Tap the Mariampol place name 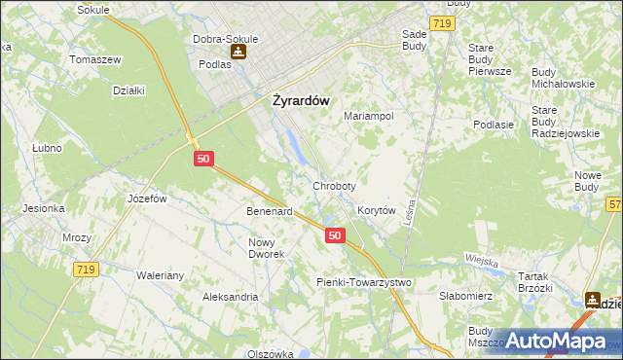(368, 116)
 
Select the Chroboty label (334, 185)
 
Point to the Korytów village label (376, 210)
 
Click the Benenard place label (270, 211)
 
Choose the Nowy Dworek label (267, 248)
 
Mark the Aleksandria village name (230, 297)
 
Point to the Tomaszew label (94, 59)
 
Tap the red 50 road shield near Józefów (203, 158)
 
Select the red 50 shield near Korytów (335, 235)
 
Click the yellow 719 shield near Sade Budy (443, 21)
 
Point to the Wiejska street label (482, 262)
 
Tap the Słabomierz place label (467, 296)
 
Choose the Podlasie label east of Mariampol (493, 125)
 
